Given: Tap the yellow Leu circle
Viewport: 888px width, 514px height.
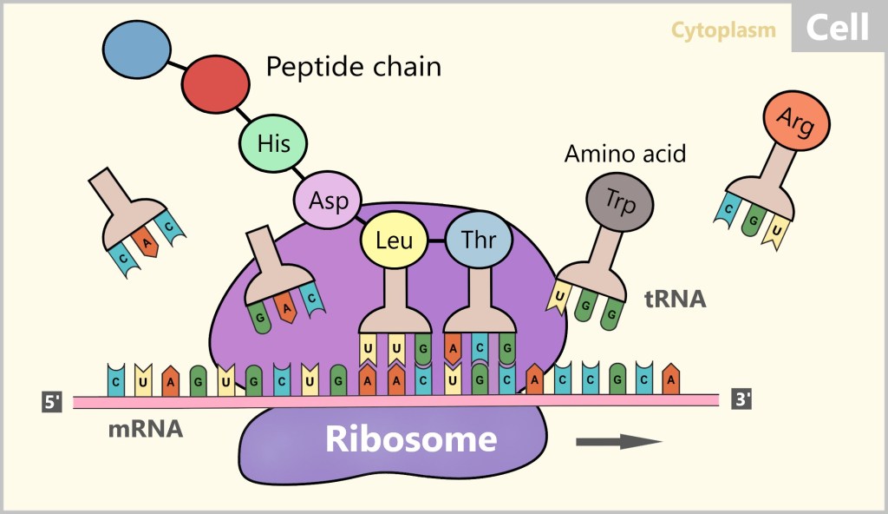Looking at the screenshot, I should coord(394,239).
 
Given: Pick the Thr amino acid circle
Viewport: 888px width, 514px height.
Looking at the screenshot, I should coord(480,239).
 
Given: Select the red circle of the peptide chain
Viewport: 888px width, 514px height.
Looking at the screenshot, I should coord(214,84).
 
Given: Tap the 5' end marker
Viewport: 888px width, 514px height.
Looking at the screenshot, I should coord(53,402).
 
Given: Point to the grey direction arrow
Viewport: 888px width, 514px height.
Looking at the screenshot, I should coord(619,441).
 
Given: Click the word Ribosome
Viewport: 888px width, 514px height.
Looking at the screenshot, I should coord(411,439).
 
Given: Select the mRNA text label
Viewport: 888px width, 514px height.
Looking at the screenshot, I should coord(146,429).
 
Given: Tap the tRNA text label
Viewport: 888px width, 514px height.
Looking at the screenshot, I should coord(676,300).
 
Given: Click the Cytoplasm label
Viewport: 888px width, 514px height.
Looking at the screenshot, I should coord(723,30).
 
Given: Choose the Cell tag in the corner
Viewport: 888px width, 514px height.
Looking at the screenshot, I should coord(837,28).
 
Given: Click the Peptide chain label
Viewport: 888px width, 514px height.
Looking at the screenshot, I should coord(353,67).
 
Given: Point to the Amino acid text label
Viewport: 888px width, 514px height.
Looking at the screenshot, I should coord(625,155).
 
